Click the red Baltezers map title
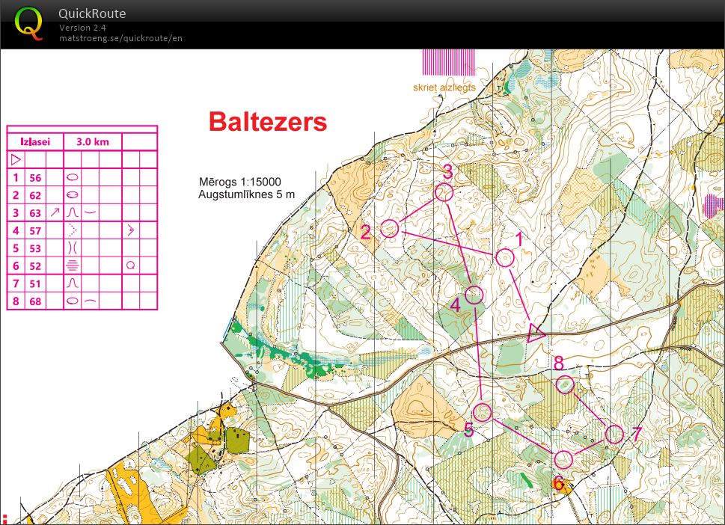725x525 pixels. pos(267,121)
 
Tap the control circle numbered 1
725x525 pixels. pos(505,258)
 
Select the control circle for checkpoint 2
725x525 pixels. pos(389,228)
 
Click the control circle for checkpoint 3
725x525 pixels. pos(444,192)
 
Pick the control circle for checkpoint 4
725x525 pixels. pos(474,295)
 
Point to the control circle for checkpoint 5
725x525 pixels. pos(483,412)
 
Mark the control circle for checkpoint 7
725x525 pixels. pos(614,434)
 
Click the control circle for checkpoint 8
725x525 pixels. pos(565,384)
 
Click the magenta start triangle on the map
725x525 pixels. pos(536,333)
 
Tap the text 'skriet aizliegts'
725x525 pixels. pos(444,87)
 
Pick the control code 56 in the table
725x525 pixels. pos(35,177)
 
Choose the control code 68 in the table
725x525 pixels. pos(35,301)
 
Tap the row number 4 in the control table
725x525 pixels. pos(15,230)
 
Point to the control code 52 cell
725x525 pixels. pos(35,265)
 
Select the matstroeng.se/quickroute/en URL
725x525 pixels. pos(120,38)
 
